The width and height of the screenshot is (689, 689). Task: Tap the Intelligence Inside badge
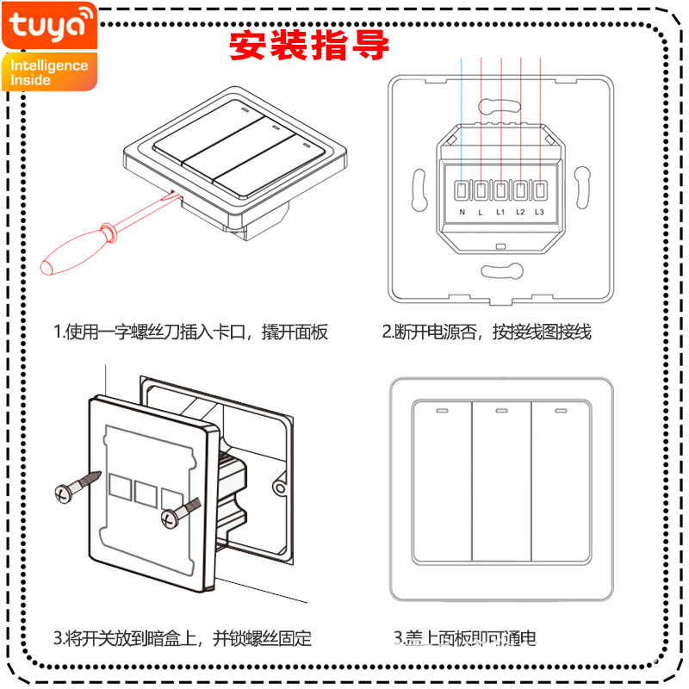pyautogui.click(x=49, y=71)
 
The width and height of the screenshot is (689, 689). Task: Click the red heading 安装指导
pyautogui.click(x=309, y=46)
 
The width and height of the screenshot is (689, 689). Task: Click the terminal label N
pyautogui.click(x=462, y=212)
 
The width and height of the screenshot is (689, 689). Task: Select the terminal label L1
pyautogui.click(x=500, y=212)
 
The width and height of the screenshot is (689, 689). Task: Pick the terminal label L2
pyautogui.click(x=520, y=212)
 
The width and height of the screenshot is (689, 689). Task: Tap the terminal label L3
pyautogui.click(x=540, y=212)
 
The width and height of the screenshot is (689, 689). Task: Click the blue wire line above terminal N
pyautogui.click(x=462, y=112)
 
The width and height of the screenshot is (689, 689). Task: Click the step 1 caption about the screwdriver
pyautogui.click(x=190, y=332)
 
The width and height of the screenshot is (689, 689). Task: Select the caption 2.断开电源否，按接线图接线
pyautogui.click(x=487, y=332)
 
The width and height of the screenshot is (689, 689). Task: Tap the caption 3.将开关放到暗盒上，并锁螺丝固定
pyautogui.click(x=182, y=638)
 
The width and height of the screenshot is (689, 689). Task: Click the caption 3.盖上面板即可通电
pyautogui.click(x=465, y=638)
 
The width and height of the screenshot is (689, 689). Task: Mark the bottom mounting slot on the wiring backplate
pyautogui.click(x=500, y=274)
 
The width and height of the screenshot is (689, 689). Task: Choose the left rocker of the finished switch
pyautogui.click(x=442, y=482)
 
